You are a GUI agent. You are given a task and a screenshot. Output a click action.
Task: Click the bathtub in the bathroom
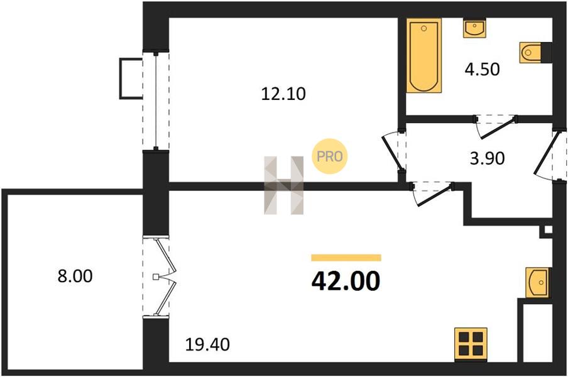pos(424,55)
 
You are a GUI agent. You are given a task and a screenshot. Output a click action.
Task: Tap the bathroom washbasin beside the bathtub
pos(474,28)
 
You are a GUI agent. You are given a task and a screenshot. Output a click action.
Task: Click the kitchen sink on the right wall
pos(538,283)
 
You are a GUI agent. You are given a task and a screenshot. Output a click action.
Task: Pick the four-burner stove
pos(471,344)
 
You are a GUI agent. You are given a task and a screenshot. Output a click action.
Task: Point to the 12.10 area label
pos(283,94)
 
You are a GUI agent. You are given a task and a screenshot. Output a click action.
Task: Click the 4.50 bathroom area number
pos(483,69)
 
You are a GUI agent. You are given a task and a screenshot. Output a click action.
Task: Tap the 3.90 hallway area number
pos(487,158)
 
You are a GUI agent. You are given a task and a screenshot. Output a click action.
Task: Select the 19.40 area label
pos(207,344)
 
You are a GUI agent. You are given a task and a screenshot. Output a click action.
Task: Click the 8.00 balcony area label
pos(75,276)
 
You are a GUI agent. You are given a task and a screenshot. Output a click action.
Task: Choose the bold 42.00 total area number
pos(346,281)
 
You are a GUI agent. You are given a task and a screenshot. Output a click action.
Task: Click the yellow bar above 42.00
pos(346,258)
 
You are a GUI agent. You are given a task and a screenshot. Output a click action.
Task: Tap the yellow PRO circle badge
pos(330,156)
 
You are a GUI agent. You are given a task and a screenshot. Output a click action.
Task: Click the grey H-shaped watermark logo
pos(283,185)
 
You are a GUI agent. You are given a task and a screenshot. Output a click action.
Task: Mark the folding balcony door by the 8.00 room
pos(160,277)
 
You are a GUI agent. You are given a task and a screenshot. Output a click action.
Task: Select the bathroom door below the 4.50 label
pos(496,126)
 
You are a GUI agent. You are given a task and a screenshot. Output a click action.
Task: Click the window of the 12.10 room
pos(156,101)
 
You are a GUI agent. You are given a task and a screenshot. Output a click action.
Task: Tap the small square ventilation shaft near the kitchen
pos(548,229)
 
